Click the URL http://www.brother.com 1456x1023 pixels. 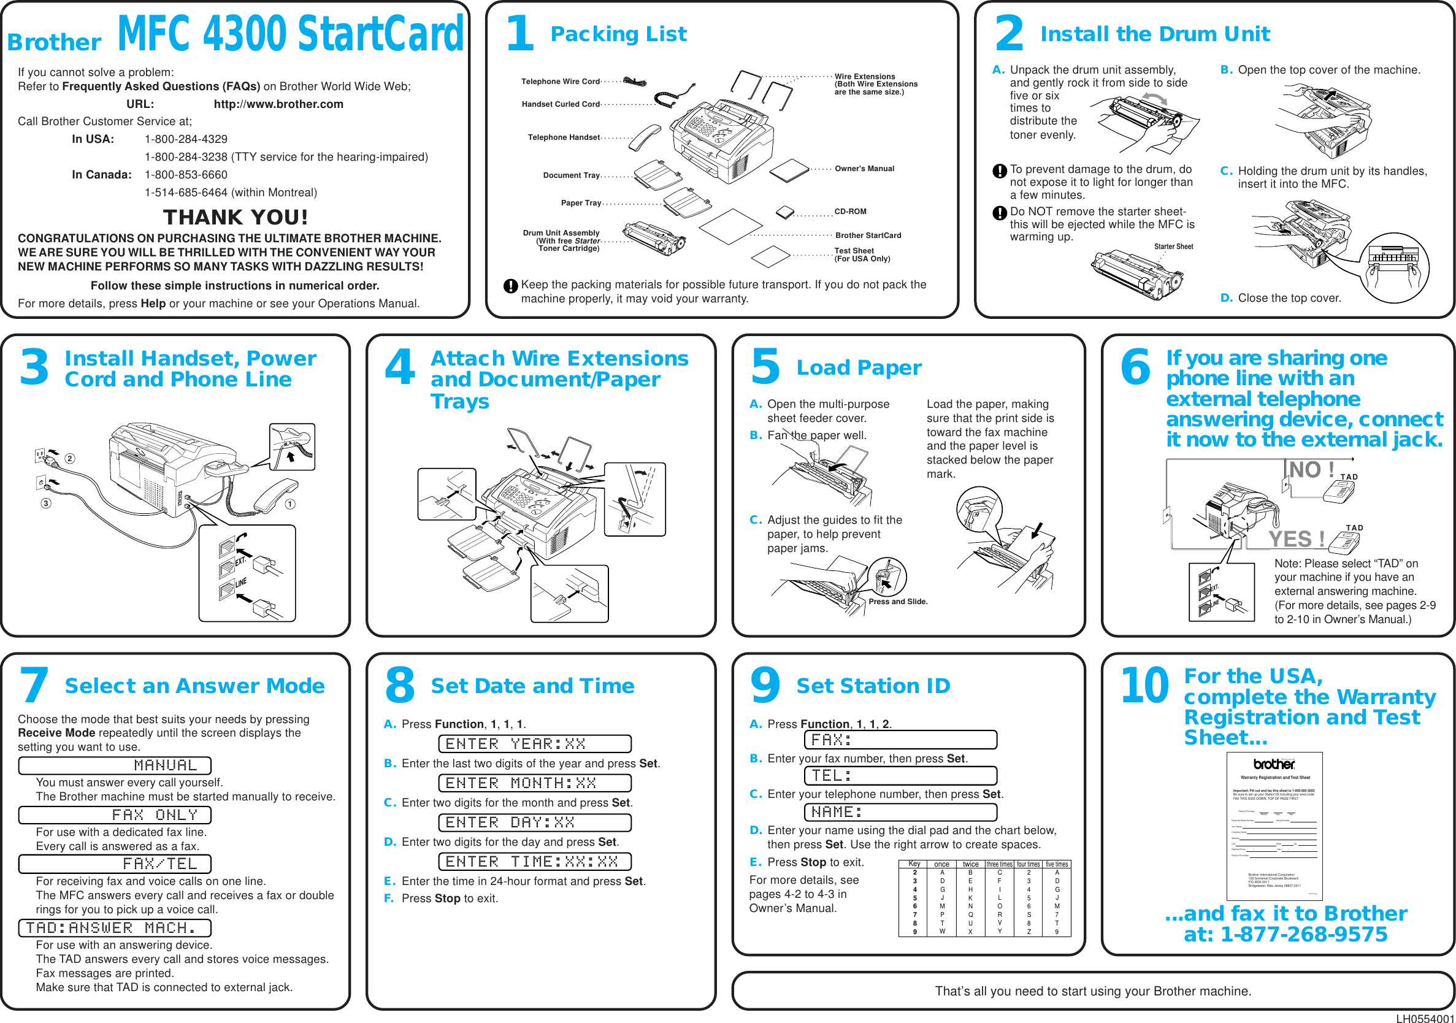278,104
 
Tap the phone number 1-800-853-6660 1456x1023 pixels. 186,174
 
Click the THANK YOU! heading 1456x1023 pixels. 236,218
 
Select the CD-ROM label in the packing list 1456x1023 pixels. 850,211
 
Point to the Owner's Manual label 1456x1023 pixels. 864,169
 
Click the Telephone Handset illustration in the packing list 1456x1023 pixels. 645,137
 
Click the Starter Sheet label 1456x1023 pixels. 1173,247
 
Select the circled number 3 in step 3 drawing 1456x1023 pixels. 45,504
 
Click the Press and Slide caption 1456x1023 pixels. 897,601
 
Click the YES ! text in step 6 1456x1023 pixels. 1296,539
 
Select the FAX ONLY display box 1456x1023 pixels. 115,815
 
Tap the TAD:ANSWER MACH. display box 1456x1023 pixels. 115,928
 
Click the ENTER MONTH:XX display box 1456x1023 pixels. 534,783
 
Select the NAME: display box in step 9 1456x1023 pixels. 900,812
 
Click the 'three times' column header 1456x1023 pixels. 999,864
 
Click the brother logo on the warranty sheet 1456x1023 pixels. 1273,764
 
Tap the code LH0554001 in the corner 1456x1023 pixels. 1425,1019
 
